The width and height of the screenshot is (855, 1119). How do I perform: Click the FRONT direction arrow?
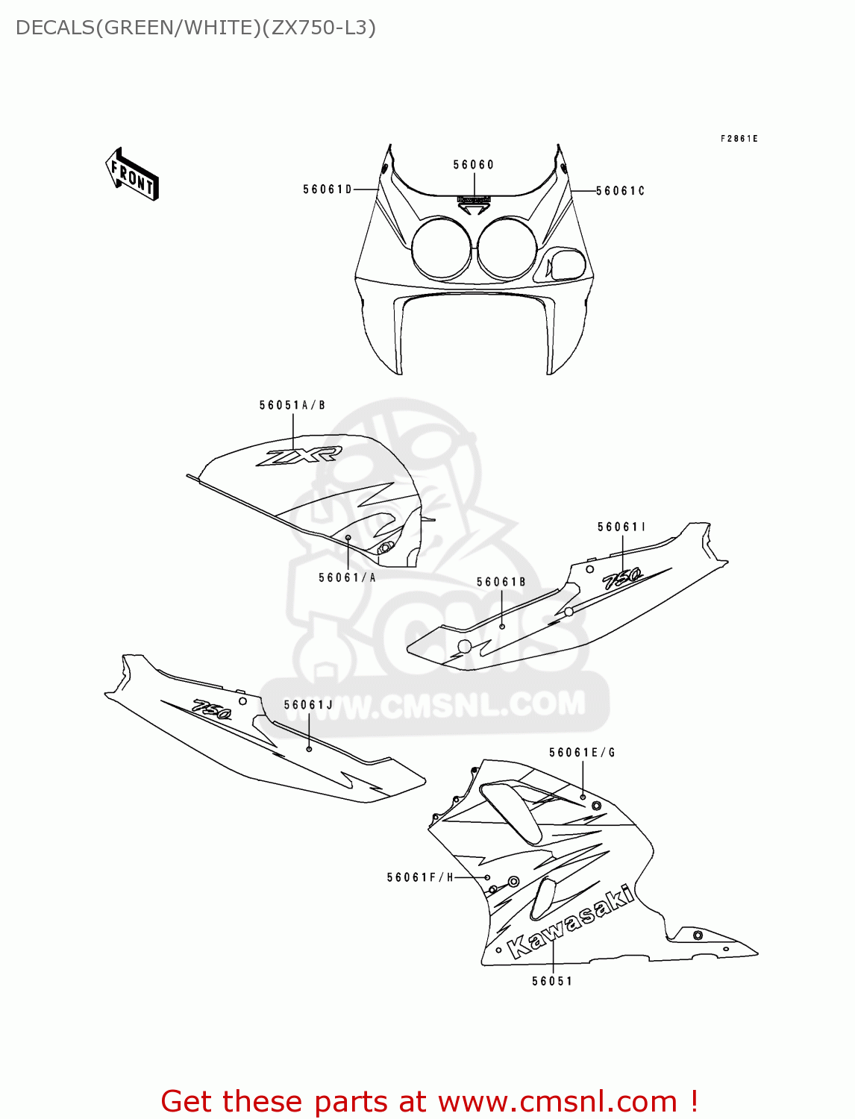pos(133,175)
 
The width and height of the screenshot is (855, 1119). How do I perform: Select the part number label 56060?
pos(473,165)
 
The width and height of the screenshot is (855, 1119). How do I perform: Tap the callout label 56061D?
pos(328,189)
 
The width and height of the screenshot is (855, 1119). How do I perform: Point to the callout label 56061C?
pos(620,191)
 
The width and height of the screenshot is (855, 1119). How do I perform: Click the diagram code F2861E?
pos(739,139)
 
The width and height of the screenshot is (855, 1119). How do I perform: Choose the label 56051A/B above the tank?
pos(292,405)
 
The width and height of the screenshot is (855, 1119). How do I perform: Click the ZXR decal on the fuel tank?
pos(298,456)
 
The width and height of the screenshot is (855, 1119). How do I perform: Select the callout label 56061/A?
pos(347,577)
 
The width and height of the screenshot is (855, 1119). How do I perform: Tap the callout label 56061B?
pos(501,582)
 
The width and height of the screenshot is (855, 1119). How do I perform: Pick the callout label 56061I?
pos(621,527)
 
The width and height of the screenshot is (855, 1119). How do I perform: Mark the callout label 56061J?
pos(308,704)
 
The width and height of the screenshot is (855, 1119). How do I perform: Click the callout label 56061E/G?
pos(582,753)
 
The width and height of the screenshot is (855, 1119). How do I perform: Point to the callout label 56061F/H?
pos(420,877)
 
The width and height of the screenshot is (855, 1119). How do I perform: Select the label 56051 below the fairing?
pos(552,981)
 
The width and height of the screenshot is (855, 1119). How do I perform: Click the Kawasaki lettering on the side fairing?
pos(571,922)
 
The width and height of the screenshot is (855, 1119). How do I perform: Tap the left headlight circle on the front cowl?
pos(441,247)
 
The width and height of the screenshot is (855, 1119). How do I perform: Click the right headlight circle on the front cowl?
pos(507,247)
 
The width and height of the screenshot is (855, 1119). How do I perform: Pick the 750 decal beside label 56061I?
pos(622,577)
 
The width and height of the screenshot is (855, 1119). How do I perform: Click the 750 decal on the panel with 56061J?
pos(212,709)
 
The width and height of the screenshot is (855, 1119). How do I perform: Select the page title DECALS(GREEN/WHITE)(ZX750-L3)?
pos(195,28)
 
